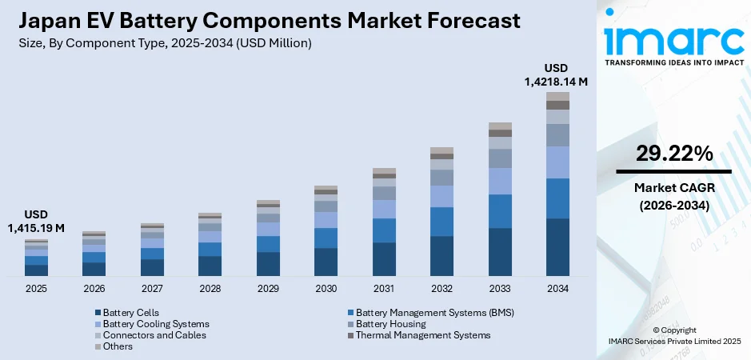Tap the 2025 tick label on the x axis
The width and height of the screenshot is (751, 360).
36,288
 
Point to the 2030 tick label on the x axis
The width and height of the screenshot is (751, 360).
326,288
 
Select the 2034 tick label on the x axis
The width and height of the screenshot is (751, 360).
557,288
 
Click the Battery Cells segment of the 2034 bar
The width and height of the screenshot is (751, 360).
557,247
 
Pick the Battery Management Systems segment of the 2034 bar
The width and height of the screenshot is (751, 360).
557,198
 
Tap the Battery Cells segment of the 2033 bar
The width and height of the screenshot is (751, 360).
500,252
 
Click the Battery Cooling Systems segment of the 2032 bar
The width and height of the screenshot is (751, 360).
441,197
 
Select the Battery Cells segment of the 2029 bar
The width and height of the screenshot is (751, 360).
268,264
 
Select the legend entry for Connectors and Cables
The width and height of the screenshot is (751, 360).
149,335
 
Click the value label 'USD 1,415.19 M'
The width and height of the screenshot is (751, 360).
36,222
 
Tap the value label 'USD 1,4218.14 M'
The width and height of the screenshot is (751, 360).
557,74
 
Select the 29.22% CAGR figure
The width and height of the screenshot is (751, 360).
674,154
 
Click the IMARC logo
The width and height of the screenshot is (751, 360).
673,40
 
